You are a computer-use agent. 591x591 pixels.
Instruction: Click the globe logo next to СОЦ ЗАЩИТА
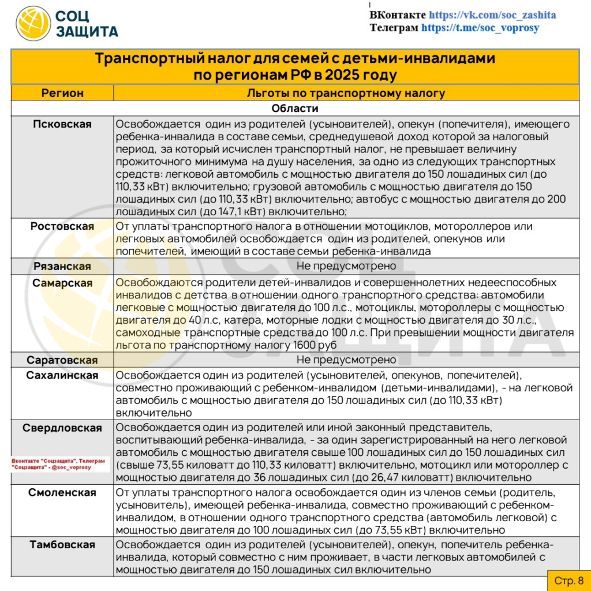(33, 24)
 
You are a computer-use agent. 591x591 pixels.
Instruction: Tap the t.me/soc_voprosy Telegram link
(480, 27)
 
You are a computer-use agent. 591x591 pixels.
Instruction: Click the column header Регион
(62, 93)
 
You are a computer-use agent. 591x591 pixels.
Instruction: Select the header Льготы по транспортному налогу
(346, 93)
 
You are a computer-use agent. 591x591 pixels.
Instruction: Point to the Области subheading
(295, 109)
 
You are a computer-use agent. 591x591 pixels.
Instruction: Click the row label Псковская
(62, 124)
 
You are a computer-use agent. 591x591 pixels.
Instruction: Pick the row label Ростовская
(62, 226)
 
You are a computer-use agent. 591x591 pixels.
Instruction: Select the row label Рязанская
(62, 266)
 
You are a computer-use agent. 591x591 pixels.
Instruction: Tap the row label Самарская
(62, 283)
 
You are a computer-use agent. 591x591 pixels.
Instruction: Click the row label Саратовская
(62, 360)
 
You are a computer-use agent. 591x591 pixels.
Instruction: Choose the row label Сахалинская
(62, 376)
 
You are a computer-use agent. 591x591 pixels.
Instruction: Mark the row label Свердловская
(62, 428)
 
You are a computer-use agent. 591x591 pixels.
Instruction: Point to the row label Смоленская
(62, 493)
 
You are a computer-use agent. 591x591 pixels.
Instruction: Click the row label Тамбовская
(62, 545)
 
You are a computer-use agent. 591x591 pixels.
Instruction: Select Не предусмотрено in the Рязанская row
(346, 266)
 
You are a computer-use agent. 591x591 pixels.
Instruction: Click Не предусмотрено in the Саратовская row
(346, 360)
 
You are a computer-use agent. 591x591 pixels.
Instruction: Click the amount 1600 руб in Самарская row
(317, 345)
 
